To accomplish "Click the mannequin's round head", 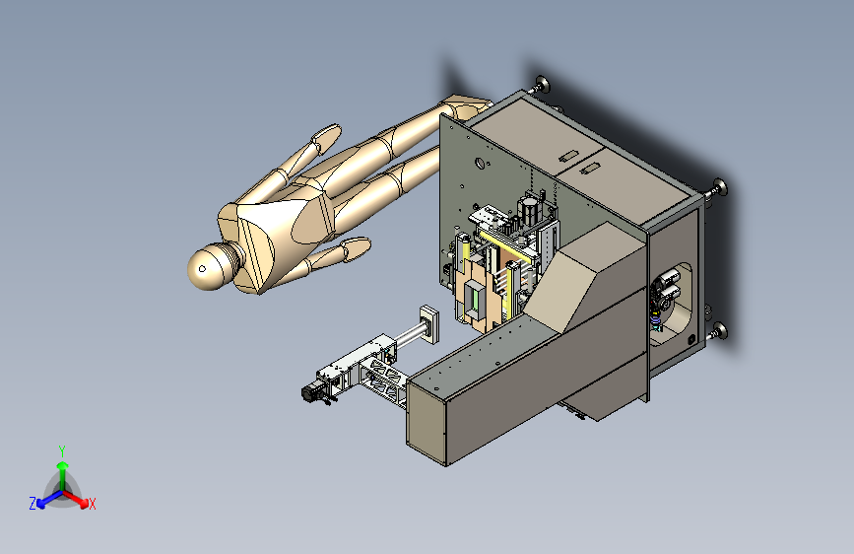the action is pos(210,267).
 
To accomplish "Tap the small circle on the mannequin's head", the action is pos(203,269).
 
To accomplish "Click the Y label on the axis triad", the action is pos(62,450).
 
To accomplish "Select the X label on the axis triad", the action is pos(92,505).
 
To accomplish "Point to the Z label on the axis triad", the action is pos(33,504).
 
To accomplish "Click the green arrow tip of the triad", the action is pos(63,466).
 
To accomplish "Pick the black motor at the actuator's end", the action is pos(311,392).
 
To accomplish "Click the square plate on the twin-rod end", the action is pos(429,324).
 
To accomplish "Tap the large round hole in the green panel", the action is pos(480,163).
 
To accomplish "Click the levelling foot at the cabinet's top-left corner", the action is pos(542,84).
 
